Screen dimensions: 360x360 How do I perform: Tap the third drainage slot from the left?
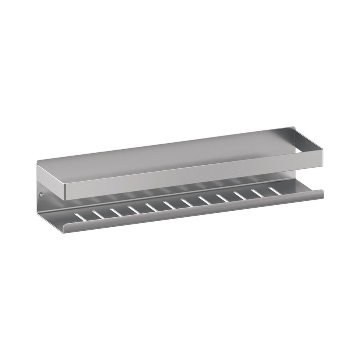point(116,212)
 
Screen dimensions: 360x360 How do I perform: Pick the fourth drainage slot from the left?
point(134,209)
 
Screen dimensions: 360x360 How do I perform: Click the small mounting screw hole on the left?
point(41,195)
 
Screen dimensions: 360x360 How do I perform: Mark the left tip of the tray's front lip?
point(66,230)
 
